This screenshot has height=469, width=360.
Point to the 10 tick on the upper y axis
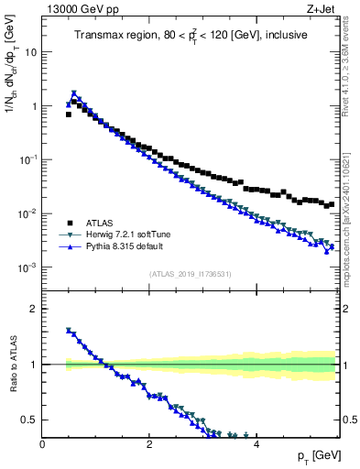pos(31,52)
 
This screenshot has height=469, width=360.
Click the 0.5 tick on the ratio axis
pos(30,420)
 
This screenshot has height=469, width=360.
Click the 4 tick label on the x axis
pos(256,444)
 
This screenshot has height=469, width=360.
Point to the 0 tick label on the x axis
pos(42,444)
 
